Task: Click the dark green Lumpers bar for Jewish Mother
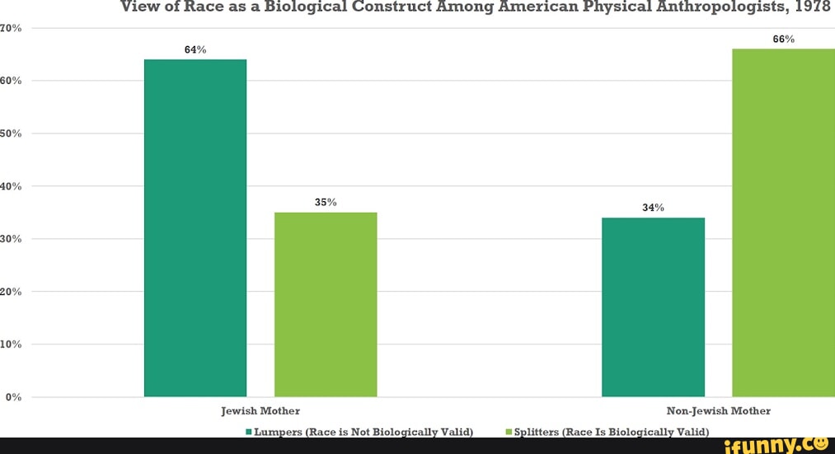(x=195, y=227)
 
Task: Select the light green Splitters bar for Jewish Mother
(x=326, y=304)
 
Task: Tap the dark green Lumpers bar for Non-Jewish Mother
(x=653, y=307)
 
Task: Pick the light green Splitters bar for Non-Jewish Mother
(x=783, y=222)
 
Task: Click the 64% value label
(x=195, y=49)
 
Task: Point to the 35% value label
(x=326, y=202)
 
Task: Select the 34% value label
(x=653, y=208)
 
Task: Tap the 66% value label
(x=783, y=39)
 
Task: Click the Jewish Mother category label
(x=260, y=410)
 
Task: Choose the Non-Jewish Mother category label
(x=718, y=410)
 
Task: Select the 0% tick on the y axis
(x=12, y=397)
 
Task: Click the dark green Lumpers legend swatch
(x=248, y=432)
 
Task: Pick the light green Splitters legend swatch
(x=509, y=432)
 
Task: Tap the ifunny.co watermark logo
(x=776, y=445)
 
